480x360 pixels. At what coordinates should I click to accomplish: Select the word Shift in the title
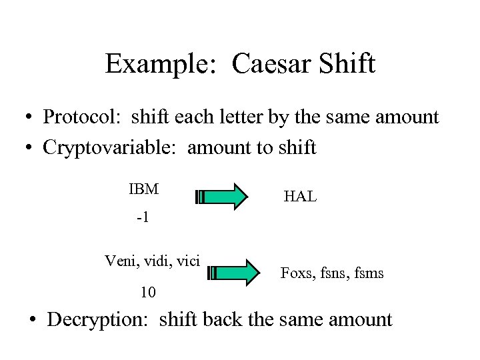pyautogui.click(x=348, y=64)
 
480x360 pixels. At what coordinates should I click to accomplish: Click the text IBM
pyautogui.click(x=143, y=189)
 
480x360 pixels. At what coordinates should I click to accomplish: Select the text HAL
pyautogui.click(x=300, y=196)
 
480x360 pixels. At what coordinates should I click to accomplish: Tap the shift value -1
pyautogui.click(x=142, y=218)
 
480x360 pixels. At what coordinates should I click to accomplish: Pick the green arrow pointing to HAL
pyautogui.click(x=222, y=196)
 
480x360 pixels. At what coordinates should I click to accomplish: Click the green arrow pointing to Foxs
pyautogui.click(x=234, y=272)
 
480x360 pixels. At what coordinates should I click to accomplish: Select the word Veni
pyautogui.click(x=120, y=260)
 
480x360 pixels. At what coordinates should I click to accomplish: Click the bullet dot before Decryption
pyautogui.click(x=33, y=320)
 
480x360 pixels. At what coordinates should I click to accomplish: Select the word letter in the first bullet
pyautogui.click(x=244, y=117)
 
